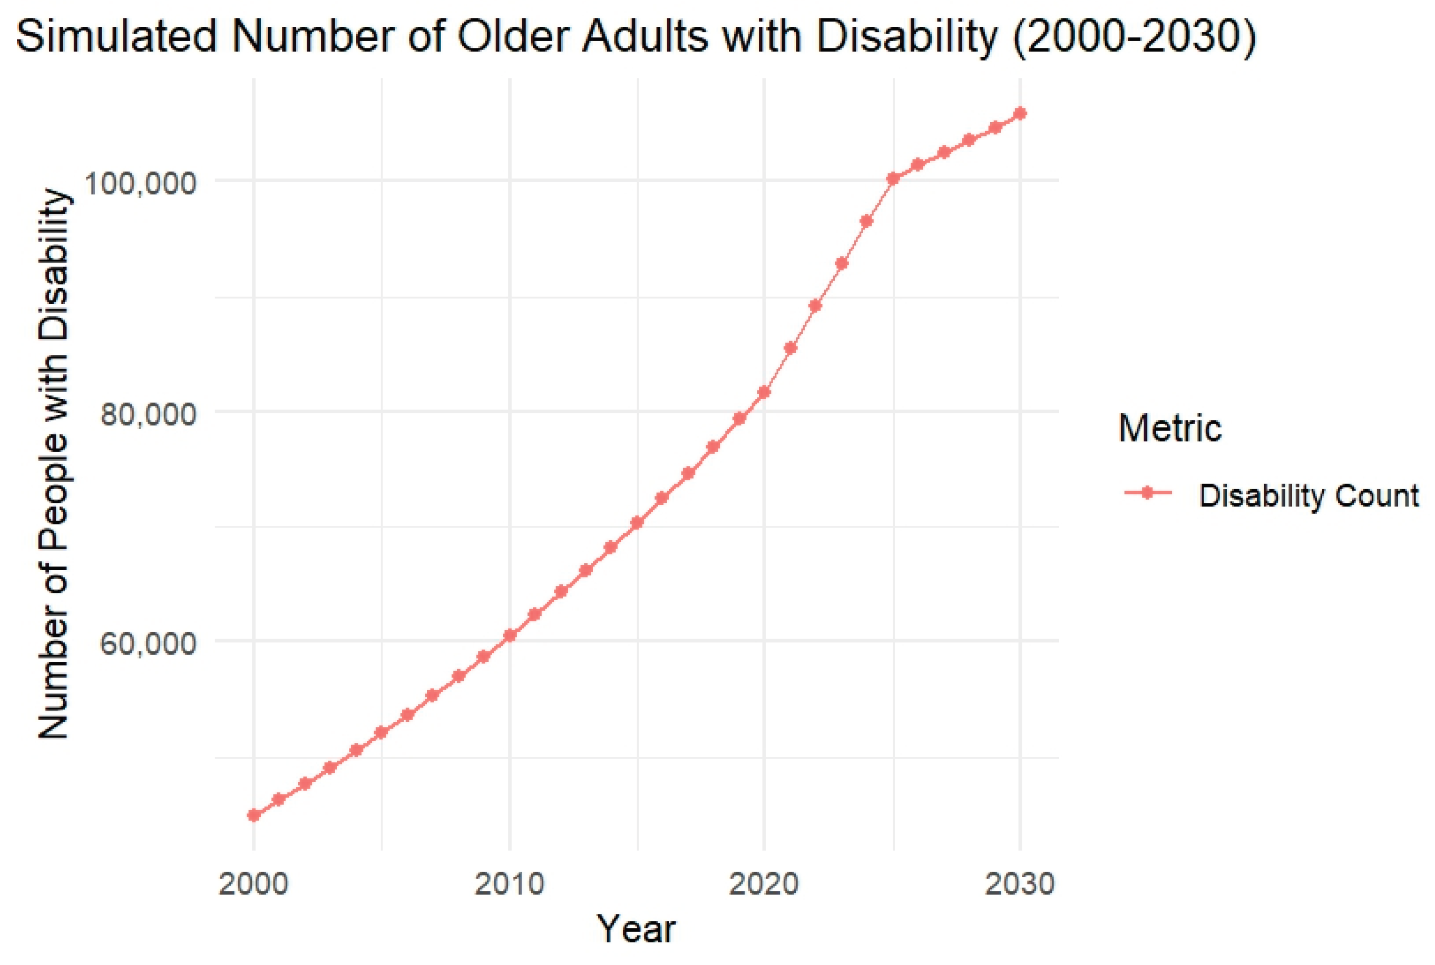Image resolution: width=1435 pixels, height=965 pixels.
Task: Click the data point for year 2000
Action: [253, 815]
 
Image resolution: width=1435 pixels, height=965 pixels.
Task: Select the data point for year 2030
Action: [1020, 113]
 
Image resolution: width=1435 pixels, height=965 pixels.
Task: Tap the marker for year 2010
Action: [509, 635]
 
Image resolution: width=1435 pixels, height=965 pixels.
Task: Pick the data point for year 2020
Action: [764, 392]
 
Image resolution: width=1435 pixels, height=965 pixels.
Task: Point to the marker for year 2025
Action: [892, 178]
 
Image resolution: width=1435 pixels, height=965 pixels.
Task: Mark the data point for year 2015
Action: [637, 522]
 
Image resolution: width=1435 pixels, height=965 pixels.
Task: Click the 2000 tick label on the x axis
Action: [253, 884]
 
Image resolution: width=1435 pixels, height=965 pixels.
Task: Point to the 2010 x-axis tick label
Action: [509, 884]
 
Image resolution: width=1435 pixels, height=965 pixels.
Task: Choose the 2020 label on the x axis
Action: [764, 884]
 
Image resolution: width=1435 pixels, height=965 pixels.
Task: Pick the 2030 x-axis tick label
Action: [1020, 884]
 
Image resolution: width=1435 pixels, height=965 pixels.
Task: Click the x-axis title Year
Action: [637, 929]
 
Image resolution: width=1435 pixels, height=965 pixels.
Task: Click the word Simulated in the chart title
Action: [116, 37]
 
